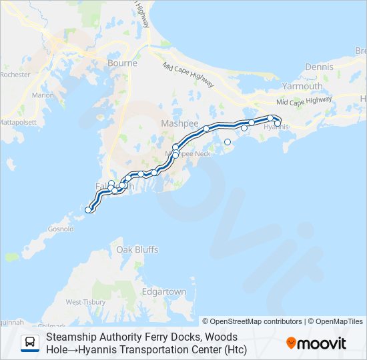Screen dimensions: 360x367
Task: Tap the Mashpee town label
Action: coord(176,123)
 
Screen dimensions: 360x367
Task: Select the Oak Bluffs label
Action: coord(137,249)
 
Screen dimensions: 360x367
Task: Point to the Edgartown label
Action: coord(163,291)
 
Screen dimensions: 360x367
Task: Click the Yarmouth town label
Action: coord(302,86)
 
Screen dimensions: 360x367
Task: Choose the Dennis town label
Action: coord(318,67)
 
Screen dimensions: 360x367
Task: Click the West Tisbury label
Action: coord(84,302)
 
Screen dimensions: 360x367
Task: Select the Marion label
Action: coord(43,95)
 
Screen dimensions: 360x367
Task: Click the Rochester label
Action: coord(15,75)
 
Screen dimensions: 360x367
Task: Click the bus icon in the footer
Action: coord(30,343)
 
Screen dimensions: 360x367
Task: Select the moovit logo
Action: coord(316,343)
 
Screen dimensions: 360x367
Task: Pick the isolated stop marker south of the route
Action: coord(228,141)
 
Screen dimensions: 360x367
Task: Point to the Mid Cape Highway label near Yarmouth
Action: coord(304,101)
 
